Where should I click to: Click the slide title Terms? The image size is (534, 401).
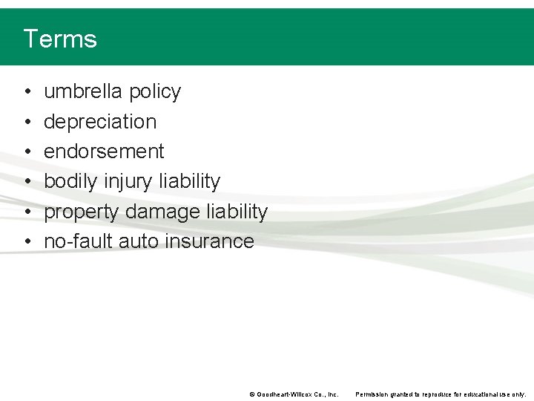60,39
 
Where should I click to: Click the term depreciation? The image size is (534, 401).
100,122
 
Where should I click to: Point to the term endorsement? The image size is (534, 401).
104,151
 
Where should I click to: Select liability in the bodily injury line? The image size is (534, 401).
189,182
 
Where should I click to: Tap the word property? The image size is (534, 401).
82,212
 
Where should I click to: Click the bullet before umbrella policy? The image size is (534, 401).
27,92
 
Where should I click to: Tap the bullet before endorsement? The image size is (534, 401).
27,152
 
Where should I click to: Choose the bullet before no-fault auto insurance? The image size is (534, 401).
27,242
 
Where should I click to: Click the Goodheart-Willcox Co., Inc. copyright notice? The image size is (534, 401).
294,394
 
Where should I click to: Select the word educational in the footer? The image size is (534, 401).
482,394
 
